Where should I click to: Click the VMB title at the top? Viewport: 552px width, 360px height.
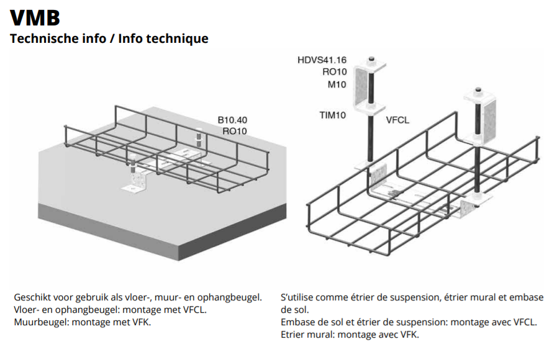click(35, 17)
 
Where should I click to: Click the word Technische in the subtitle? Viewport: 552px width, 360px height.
click(40, 38)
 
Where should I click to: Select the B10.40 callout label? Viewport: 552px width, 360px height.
click(232, 120)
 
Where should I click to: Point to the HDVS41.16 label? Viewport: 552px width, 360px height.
click(322, 60)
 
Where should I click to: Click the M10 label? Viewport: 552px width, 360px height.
click(337, 84)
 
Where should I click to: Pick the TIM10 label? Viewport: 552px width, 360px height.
click(333, 115)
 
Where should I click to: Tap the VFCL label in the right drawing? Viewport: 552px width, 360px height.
click(397, 120)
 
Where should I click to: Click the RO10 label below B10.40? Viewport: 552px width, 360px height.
click(235, 131)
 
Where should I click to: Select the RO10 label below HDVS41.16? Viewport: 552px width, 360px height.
click(335, 72)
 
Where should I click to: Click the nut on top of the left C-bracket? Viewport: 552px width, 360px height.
click(371, 59)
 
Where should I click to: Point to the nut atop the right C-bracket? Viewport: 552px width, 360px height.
click(478, 90)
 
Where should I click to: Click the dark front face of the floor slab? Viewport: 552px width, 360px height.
click(233, 233)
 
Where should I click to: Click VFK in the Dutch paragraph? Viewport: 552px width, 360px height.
click(142, 322)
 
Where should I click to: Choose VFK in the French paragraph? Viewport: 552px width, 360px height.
click(410, 335)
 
